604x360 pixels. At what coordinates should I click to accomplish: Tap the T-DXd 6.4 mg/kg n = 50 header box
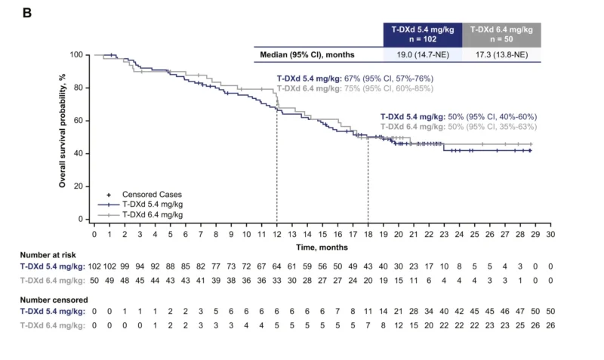pyautogui.click(x=501, y=35)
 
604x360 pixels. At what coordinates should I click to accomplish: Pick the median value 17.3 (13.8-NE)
pyautogui.click(x=501, y=55)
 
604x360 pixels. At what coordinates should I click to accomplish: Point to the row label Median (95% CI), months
pyautogui.click(x=308, y=55)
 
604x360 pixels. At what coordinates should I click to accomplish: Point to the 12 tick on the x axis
pyautogui.click(x=277, y=235)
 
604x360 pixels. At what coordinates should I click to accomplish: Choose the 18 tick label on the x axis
pyautogui.click(x=368, y=235)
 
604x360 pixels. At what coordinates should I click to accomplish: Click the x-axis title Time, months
pyautogui.click(x=322, y=247)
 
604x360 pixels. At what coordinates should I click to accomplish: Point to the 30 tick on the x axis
pyautogui.click(x=551, y=235)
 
